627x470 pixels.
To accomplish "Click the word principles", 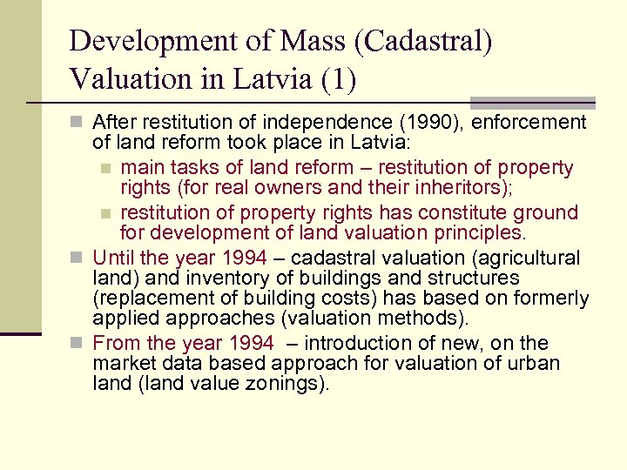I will (x=475, y=233).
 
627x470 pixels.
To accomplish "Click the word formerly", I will (x=545, y=299).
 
